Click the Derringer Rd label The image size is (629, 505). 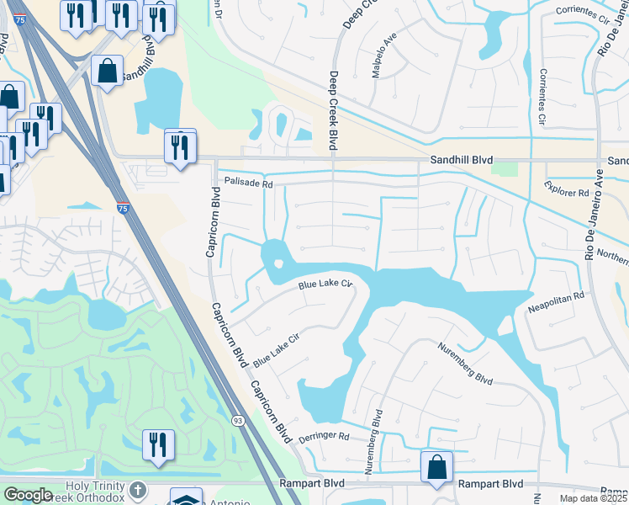(x=323, y=438)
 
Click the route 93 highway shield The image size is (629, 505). (x=239, y=420)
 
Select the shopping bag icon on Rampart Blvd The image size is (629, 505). (x=436, y=467)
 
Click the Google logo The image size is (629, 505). (x=29, y=495)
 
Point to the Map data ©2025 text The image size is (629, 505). (x=594, y=498)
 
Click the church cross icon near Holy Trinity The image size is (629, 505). (x=137, y=488)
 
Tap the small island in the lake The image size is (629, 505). (x=278, y=266)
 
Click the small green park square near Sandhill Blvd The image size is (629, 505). (x=505, y=167)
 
